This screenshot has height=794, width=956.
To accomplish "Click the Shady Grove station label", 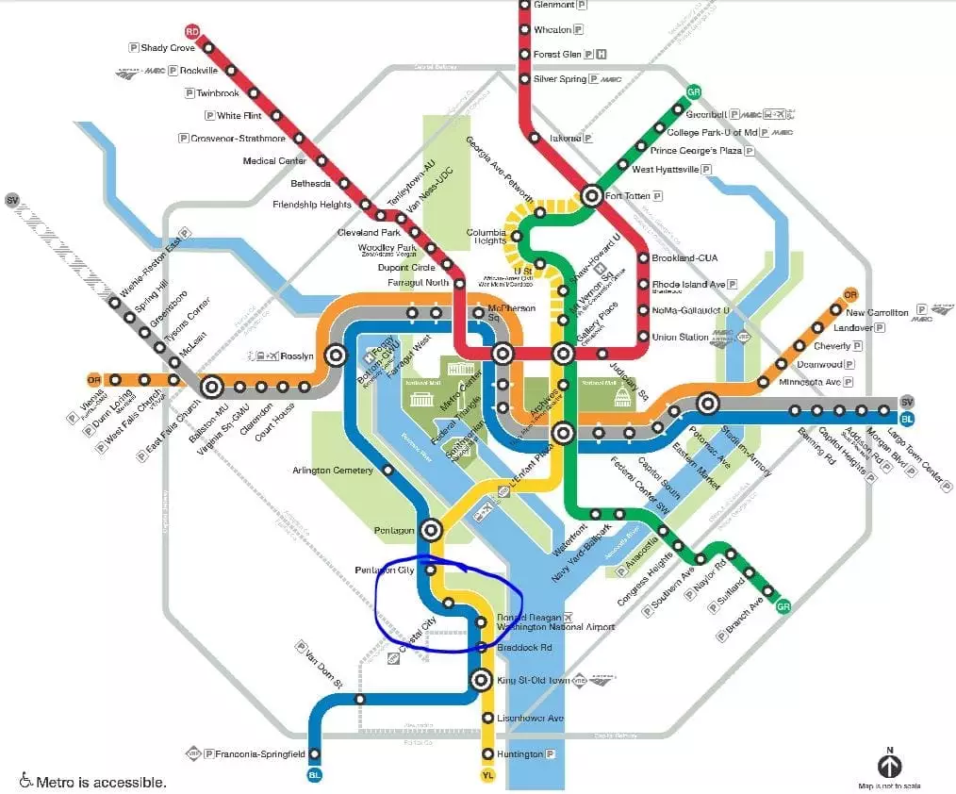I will pos(169,48).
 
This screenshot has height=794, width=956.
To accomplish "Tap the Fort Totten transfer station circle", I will pos(592,196).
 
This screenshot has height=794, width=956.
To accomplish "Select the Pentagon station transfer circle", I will pos(432,529).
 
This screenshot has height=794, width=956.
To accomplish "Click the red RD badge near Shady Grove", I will pos(193,31).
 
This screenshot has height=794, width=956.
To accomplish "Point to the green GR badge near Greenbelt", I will pos(695,92).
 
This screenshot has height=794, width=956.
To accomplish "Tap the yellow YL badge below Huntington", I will pos(487,775).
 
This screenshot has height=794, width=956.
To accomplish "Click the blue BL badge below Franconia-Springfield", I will pos(315,775).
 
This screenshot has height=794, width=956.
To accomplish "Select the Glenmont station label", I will pos(553,5).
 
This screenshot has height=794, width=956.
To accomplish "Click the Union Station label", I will pos(678,337).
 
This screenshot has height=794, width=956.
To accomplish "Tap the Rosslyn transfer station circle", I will pos(335,356).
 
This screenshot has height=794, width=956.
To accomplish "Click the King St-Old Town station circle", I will pos(481,680).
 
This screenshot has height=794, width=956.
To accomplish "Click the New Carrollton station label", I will pos(877,312).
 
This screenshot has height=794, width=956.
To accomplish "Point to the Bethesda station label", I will pos(310,183).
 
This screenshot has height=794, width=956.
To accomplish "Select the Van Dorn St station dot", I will pos(359,699).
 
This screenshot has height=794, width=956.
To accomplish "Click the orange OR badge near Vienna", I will pos(93,380).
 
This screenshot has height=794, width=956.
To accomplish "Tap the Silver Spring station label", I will pos(560,79).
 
